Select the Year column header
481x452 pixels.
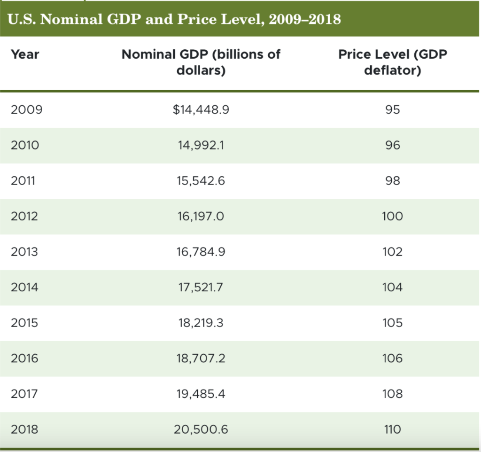click(25, 54)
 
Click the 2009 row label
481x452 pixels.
click(26, 110)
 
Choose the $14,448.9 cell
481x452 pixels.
click(201, 110)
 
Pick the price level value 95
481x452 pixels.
click(392, 110)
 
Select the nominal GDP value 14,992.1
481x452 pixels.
click(201, 146)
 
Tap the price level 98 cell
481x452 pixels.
click(392, 181)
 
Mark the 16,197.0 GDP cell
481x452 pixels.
click(201, 217)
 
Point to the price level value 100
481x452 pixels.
click(392, 217)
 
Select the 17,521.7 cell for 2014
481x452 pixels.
click(201, 288)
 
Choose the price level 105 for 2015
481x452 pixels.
click(392, 323)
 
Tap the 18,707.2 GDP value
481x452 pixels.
click(201, 358)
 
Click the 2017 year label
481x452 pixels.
click(25, 394)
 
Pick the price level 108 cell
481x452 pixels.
click(392, 394)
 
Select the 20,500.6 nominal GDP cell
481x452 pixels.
click(201, 429)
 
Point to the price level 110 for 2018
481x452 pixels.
click(392, 429)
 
